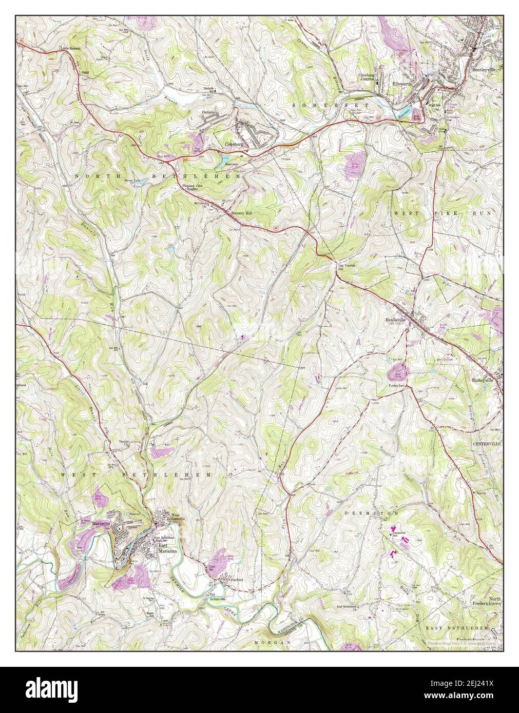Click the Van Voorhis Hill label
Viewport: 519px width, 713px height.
(x=346, y=267)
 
